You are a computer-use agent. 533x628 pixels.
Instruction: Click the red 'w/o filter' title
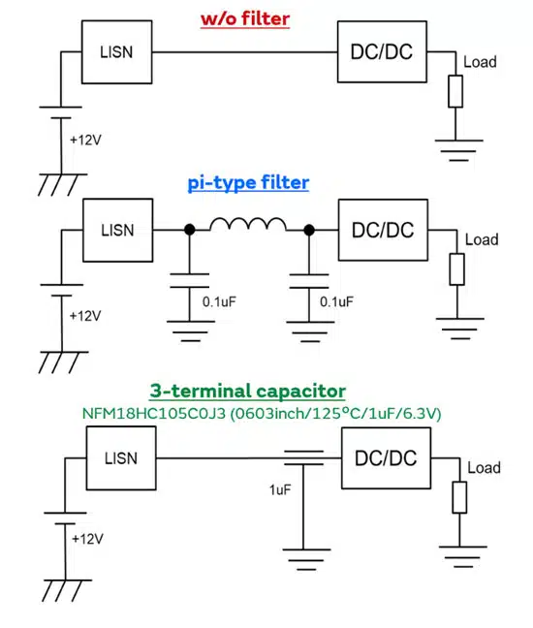tap(245, 19)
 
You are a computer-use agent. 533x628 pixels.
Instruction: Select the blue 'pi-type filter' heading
tap(248, 182)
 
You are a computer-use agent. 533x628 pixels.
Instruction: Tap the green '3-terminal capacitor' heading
tap(248, 391)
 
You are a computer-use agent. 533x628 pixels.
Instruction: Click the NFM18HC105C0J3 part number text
tap(154, 413)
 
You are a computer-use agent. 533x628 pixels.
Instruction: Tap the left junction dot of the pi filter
tap(190, 230)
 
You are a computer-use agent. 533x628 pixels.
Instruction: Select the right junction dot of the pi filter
tap(309, 230)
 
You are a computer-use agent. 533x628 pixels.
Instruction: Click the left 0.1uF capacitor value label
tap(219, 301)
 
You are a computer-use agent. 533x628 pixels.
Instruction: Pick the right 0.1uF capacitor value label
tap(336, 301)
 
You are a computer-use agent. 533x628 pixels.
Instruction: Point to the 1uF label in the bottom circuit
tap(280, 489)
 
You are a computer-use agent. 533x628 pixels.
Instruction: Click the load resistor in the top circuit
tap(455, 91)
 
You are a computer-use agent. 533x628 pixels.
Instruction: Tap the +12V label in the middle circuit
tap(85, 316)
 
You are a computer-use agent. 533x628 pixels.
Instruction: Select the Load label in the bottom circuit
tap(485, 468)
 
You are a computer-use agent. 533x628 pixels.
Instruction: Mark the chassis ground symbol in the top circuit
tap(62, 185)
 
